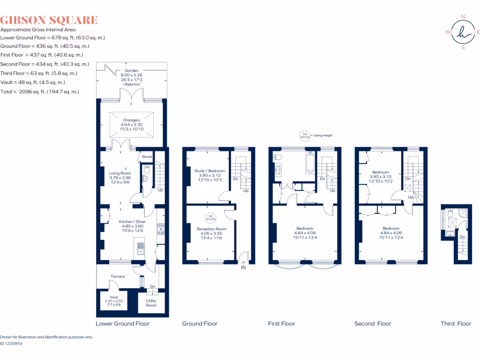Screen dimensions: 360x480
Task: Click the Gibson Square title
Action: tap(49, 20)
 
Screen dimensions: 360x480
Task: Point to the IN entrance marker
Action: tap(243, 268)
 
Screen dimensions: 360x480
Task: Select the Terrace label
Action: tap(118, 277)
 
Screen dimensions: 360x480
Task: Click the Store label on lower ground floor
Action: tap(147, 157)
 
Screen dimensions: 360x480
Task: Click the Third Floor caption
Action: tap(456, 323)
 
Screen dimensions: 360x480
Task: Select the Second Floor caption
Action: tap(373, 323)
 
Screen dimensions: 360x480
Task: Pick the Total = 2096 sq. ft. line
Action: tap(39, 92)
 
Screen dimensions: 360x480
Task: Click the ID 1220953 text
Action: tap(11, 344)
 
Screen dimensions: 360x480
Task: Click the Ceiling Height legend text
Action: tap(323, 135)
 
